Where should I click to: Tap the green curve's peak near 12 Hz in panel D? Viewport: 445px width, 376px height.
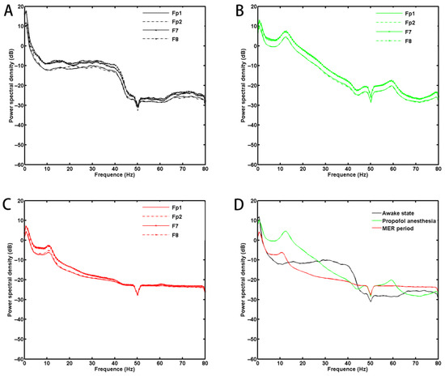(285, 232)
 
